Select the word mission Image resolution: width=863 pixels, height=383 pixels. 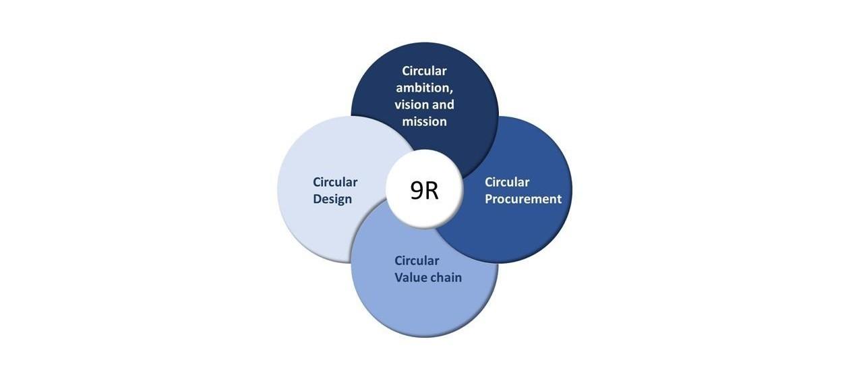click(x=424, y=122)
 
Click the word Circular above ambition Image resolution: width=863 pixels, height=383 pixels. click(x=424, y=71)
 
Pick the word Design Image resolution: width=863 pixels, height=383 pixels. click(x=332, y=200)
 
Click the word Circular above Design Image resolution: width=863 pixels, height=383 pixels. click(x=335, y=182)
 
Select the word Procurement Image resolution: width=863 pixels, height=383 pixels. click(x=523, y=200)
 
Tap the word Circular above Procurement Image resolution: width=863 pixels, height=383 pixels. click(x=507, y=182)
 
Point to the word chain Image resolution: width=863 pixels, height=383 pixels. click(x=446, y=277)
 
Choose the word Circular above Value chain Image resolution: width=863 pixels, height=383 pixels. click(x=417, y=261)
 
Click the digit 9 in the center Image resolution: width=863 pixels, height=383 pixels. click(x=417, y=191)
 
